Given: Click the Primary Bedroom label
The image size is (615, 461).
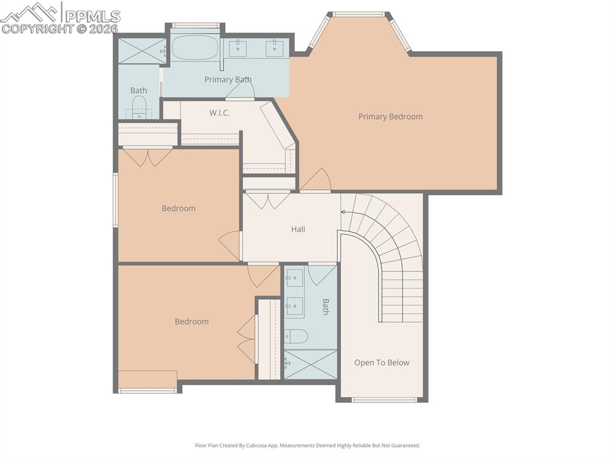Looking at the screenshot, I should (x=390, y=117).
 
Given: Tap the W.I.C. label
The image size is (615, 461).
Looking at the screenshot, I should (x=219, y=113).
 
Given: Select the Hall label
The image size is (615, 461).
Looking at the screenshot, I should (x=298, y=229).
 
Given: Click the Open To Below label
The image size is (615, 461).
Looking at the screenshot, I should (x=381, y=362).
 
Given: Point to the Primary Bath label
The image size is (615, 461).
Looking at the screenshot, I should (x=228, y=79).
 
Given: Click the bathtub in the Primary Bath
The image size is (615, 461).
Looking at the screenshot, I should (x=195, y=47).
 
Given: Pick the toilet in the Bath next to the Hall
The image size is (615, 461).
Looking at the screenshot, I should (x=295, y=336).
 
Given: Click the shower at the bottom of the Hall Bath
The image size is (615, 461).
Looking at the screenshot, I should (x=311, y=364).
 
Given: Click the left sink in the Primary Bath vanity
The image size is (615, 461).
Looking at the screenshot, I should (x=238, y=47).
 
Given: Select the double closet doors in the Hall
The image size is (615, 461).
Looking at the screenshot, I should (x=268, y=200).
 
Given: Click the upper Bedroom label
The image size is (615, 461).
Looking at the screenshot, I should (x=178, y=209).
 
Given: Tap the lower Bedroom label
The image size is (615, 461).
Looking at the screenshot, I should (x=192, y=322).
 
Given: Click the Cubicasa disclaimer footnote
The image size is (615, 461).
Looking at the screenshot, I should (x=307, y=445).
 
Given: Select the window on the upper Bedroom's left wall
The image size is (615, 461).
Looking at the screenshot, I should (x=115, y=200).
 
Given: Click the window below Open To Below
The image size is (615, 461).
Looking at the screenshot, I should (x=383, y=400).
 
